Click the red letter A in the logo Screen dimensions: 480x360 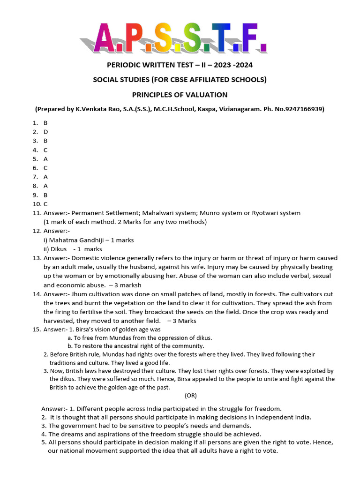click(106, 39)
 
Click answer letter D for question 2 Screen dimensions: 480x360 click(46, 132)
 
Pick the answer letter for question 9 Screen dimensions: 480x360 click(46, 195)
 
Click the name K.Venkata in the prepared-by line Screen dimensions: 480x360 click(94, 109)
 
